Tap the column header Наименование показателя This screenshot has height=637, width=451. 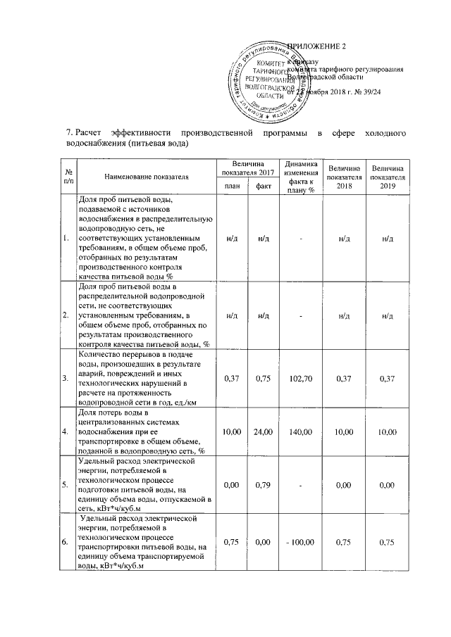(x=138, y=176)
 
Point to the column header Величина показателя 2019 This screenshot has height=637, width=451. (x=388, y=177)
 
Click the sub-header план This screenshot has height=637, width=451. (x=231, y=186)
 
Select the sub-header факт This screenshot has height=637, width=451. (x=264, y=186)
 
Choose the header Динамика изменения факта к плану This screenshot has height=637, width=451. (x=300, y=177)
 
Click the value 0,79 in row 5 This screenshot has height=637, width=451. (x=264, y=485)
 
